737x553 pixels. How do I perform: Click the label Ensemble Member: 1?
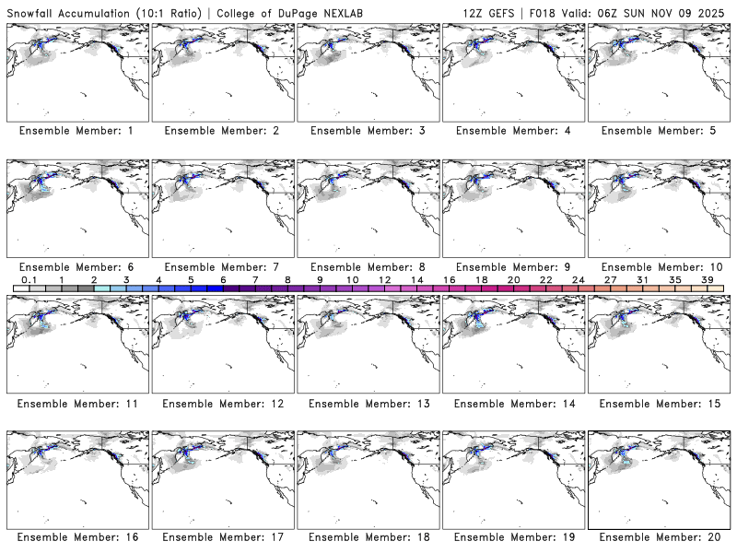tap(76, 131)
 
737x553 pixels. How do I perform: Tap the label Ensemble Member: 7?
tap(221, 267)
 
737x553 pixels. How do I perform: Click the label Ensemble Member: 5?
tap(657, 131)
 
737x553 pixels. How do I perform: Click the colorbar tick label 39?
tap(707, 279)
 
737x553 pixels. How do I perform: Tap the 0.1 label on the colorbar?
tap(29, 279)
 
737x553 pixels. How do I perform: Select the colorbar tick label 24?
tap(578, 279)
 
